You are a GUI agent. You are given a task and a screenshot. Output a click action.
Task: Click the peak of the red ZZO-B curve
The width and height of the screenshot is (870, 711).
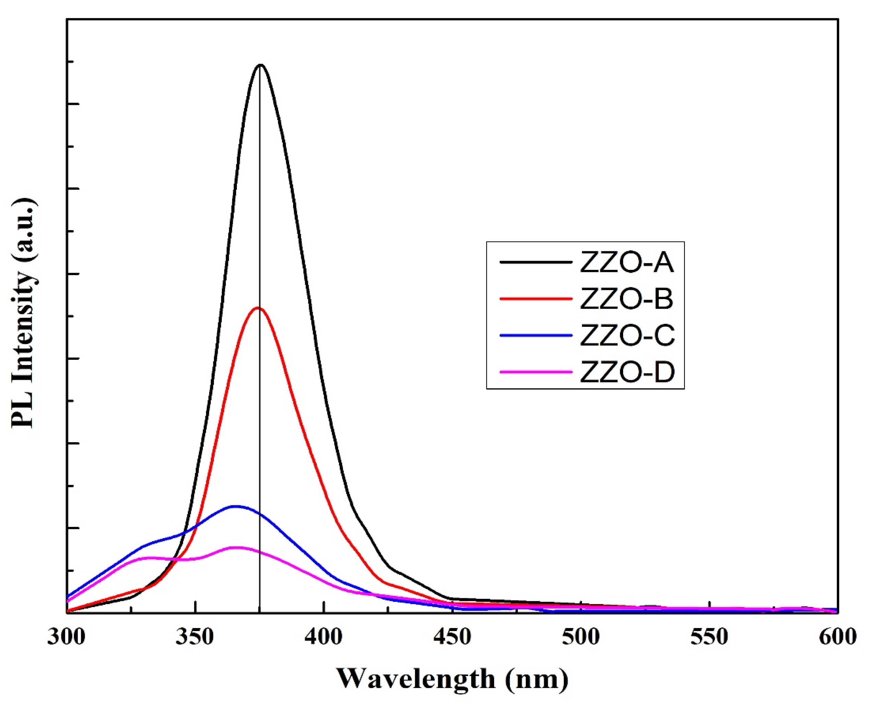click(258, 308)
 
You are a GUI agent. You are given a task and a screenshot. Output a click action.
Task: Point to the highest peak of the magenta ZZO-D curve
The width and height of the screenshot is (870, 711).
click(236, 547)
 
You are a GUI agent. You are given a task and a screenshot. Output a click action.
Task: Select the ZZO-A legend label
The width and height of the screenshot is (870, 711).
click(627, 263)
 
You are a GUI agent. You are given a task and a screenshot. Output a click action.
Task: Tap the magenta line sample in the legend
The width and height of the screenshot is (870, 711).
click(536, 371)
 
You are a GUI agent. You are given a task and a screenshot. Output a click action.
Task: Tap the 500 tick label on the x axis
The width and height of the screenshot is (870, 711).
click(581, 637)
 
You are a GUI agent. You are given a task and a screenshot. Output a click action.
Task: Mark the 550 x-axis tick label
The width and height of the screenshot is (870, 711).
click(709, 637)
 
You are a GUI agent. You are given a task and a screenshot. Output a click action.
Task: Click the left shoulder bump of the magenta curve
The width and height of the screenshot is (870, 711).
click(150, 558)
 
